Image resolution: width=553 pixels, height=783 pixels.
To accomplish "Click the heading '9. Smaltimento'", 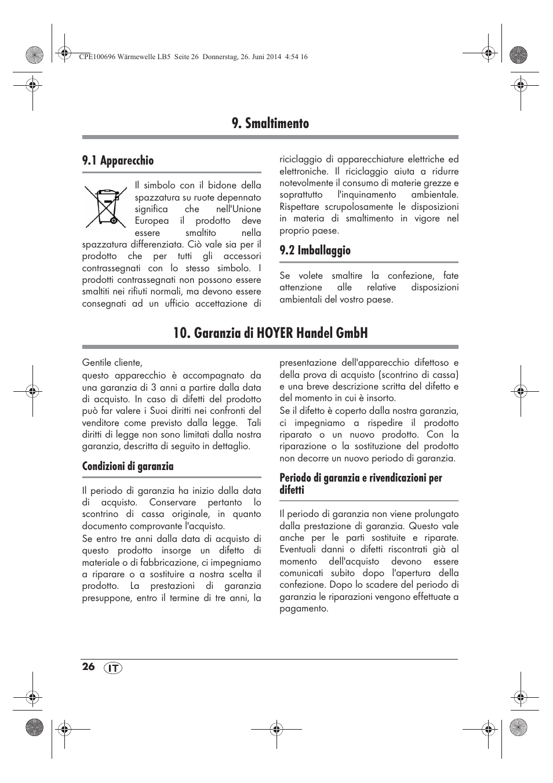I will tap(270, 123).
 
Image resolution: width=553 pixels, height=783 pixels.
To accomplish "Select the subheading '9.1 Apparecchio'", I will tap(118, 161).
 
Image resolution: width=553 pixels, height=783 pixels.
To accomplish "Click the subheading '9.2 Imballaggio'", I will tap(315, 250).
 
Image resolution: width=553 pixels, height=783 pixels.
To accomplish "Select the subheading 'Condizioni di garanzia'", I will tap(128, 467).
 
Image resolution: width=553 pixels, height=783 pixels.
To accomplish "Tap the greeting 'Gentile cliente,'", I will tap(112, 363).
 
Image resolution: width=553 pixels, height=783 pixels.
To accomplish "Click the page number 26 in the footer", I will tap(88, 667).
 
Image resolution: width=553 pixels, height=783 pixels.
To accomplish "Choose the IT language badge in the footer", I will tap(114, 668).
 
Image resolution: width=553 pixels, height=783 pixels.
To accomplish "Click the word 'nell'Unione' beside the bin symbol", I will tap(238, 209).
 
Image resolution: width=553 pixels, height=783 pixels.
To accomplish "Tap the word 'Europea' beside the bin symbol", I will tap(152, 221).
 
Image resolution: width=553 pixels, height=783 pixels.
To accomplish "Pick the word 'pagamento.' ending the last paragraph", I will tap(304, 609).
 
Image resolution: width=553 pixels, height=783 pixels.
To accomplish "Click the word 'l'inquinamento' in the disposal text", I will tap(367, 195).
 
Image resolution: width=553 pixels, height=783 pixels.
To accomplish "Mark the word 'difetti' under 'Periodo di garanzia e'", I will tap(292, 490).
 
